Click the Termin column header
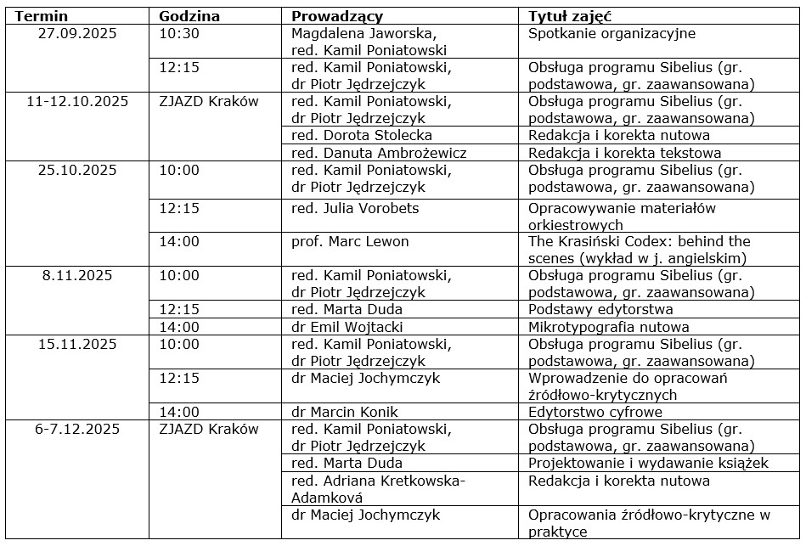click(x=42, y=16)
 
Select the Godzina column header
click(x=189, y=16)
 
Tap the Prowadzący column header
click(x=337, y=16)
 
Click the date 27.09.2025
click(x=78, y=34)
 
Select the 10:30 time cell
click(x=179, y=34)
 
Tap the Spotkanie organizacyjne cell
click(x=612, y=34)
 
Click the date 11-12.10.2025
click(x=78, y=102)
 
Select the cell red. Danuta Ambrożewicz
click(x=379, y=154)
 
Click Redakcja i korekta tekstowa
click(x=624, y=154)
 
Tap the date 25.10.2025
click(x=78, y=170)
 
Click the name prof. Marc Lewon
click(x=350, y=242)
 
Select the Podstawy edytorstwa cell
click(x=600, y=310)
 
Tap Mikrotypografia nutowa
click(x=608, y=327)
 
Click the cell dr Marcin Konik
click(x=345, y=413)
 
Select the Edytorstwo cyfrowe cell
click(x=595, y=413)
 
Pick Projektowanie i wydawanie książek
click(x=648, y=464)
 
